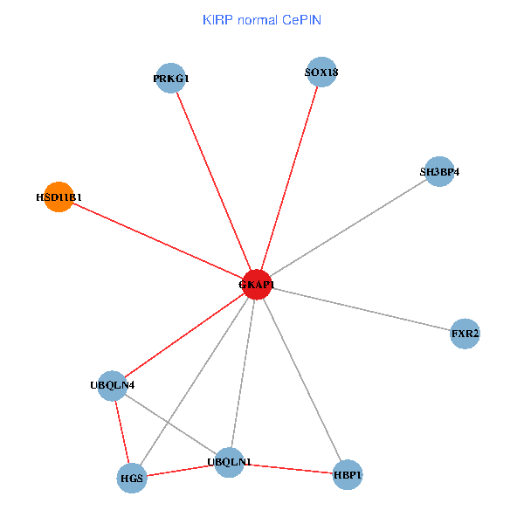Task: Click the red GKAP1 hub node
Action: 257,284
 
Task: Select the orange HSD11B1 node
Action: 58,196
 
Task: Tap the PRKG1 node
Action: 170,78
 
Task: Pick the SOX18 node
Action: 321,72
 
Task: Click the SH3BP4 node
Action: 438,172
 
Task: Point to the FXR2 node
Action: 465,334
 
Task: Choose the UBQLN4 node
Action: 112,385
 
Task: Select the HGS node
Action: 131,479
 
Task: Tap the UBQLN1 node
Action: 229,462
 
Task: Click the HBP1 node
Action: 347,475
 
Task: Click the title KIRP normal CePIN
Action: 262,19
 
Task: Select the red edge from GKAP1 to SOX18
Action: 289,178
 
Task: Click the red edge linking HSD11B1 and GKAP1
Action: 157,240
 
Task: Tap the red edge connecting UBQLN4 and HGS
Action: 121,431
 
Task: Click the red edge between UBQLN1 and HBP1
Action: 288,469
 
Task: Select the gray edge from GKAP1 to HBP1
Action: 301,379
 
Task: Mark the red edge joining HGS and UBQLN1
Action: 180,471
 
